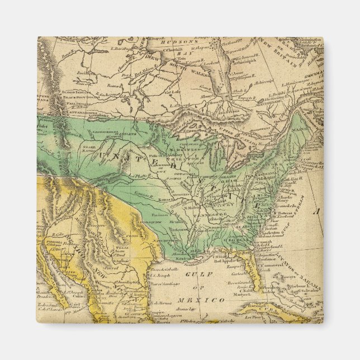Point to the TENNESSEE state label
point(215,215)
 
